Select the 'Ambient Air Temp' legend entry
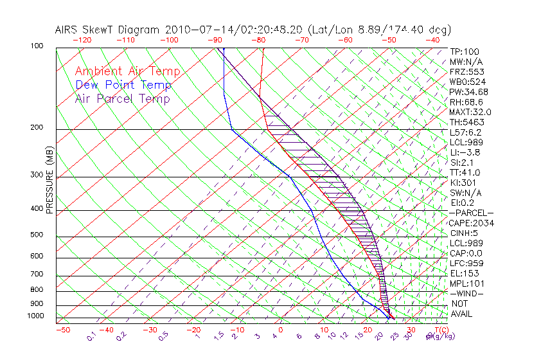pos(127,71)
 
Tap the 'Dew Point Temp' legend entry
pos(123,85)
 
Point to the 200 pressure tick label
pos(37,128)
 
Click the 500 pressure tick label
pos(37,235)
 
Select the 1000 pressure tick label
pos(35,316)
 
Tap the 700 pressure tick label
pos(37,276)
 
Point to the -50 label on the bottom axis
pos(62,330)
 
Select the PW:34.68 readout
pos(468,92)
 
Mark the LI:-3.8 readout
pos(465,152)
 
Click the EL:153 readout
pos(463,273)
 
